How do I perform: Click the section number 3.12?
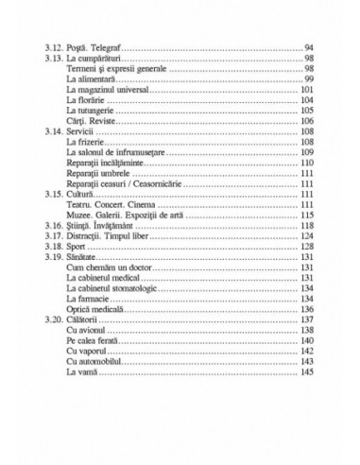pyautogui.click(x=54, y=46)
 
